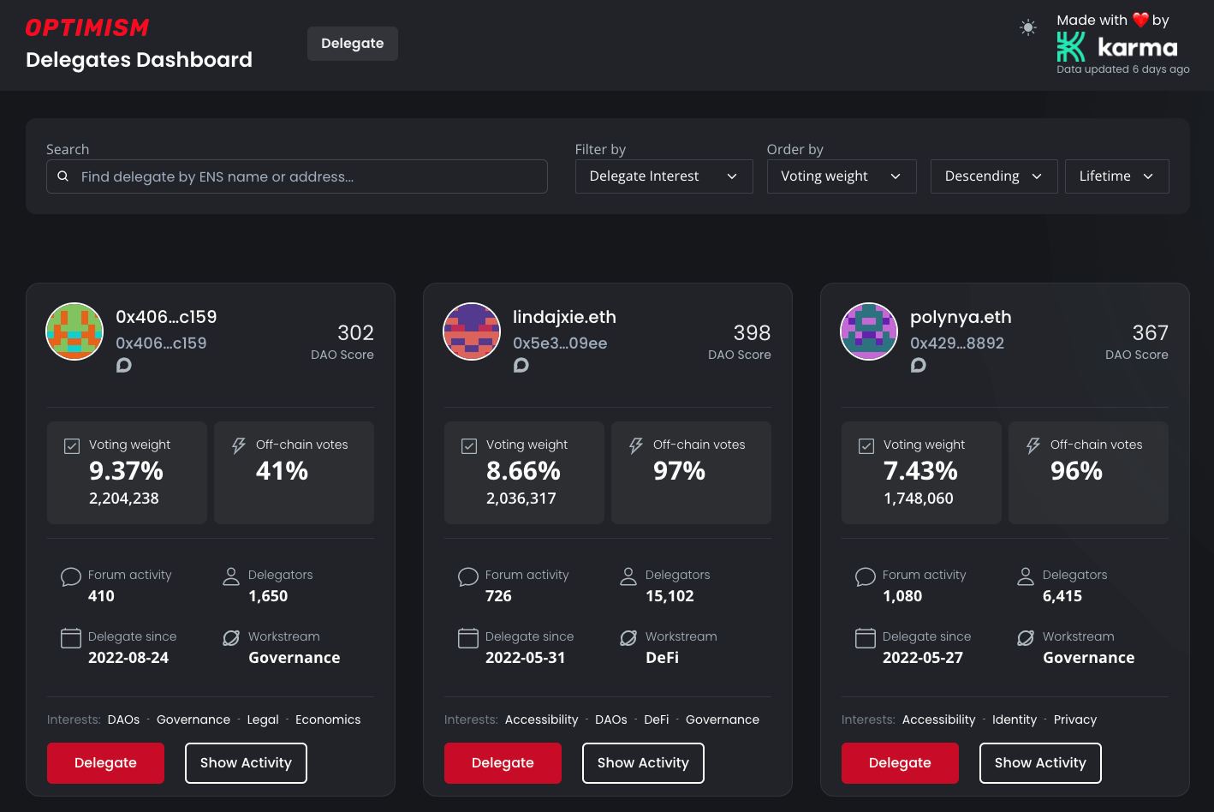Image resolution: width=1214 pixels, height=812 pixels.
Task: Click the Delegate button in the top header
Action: [x=352, y=44]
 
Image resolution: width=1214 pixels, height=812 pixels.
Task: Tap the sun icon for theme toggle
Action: [x=1028, y=28]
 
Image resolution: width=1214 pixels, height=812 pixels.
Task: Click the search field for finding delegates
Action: [x=296, y=176]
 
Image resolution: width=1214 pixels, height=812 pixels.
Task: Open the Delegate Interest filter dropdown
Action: [x=664, y=176]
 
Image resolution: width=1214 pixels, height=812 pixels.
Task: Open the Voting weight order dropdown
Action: [x=841, y=176]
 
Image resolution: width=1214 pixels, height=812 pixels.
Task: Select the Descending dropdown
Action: [x=993, y=176]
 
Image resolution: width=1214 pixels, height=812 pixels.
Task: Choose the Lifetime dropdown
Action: [x=1116, y=176]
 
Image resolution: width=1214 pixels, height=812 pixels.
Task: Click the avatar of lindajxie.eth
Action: [x=472, y=331]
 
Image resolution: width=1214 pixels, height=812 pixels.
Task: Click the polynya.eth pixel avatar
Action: [x=869, y=331]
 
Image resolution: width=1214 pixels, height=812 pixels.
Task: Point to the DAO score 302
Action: [x=355, y=332]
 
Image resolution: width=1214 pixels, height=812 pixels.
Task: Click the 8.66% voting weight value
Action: [x=523, y=471]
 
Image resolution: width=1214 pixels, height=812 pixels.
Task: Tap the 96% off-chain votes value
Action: [x=1076, y=471]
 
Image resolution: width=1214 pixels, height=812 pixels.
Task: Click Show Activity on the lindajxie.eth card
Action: [x=643, y=763]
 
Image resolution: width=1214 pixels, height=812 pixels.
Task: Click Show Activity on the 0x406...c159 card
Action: [x=246, y=763]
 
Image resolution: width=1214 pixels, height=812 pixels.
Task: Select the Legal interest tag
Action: [x=263, y=719]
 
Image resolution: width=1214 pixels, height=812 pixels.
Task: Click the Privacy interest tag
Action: [x=1074, y=719]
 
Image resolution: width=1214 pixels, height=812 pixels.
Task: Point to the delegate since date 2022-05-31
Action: [x=525, y=658]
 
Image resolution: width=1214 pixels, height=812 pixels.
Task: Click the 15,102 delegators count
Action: [x=669, y=596]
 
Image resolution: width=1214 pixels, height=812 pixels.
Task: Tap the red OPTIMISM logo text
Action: [x=87, y=28]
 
